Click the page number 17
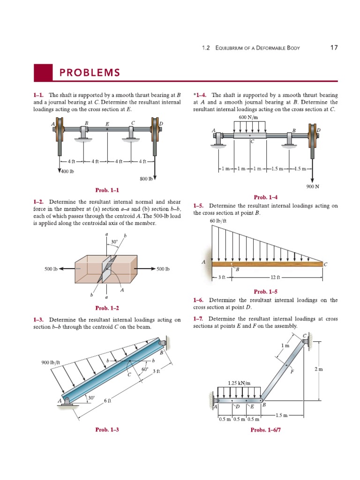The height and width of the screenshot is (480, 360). click(x=334, y=48)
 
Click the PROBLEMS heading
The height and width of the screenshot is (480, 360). click(x=89, y=73)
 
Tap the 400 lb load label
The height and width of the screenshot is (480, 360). click(x=68, y=171)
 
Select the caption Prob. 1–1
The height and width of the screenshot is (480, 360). click(x=107, y=190)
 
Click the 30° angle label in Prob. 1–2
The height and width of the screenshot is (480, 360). click(x=114, y=242)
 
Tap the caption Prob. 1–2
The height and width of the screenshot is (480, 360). click(x=107, y=308)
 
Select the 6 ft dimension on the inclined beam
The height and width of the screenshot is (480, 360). click(x=107, y=401)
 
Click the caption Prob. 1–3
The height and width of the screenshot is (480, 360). click(x=107, y=429)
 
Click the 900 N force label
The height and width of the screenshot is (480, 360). click(x=313, y=186)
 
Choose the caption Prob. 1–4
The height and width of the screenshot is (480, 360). click(x=266, y=197)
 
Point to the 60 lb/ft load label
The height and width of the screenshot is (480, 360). click(x=218, y=220)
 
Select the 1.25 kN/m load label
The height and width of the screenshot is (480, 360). click(x=239, y=383)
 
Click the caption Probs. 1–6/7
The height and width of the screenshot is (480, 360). click(x=266, y=429)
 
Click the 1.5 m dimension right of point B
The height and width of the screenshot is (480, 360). click(x=282, y=415)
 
